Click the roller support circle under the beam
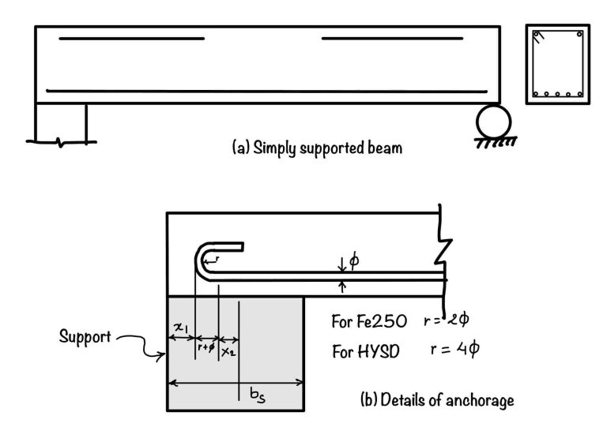coord(493,122)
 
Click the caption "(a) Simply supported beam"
coord(317,148)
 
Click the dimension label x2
coord(228,351)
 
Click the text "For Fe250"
coord(369,322)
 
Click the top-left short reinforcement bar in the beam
coord(131,38)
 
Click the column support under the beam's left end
coord(61,121)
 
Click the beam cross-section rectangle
coord(557,65)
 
